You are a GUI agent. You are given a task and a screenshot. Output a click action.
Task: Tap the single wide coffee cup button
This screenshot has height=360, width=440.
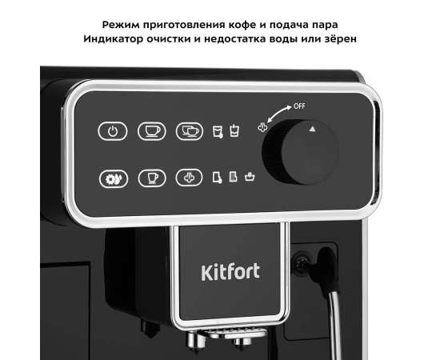point(152,131)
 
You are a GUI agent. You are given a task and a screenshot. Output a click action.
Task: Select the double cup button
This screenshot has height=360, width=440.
point(190,131)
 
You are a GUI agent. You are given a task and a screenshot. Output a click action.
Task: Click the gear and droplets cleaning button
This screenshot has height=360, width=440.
point(114,178)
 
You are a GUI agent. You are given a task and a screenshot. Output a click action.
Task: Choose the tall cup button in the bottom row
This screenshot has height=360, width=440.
point(152,178)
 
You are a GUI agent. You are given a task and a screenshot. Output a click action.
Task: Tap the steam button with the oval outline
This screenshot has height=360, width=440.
point(189,178)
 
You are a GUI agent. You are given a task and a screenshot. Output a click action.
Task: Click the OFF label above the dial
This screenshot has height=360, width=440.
point(299,106)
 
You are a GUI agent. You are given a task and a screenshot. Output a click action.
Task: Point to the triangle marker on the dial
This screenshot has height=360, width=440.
point(312,129)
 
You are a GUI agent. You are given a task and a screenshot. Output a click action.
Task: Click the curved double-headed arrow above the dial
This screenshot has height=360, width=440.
point(278,112)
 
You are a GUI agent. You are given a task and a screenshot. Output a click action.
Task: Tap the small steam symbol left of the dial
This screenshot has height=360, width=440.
point(262,127)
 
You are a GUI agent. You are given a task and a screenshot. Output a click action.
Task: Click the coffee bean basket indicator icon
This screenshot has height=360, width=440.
point(250,177)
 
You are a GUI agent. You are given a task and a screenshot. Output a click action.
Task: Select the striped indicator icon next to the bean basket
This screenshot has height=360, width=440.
point(233,177)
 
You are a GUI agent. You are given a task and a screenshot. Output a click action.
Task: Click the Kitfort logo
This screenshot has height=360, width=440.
point(230,272)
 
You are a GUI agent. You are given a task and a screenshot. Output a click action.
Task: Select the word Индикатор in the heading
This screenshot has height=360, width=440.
point(113,38)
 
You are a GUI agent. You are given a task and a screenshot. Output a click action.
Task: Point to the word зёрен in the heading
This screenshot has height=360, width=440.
point(340,38)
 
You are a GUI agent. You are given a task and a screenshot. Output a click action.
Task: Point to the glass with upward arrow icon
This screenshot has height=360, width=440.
point(234,130)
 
